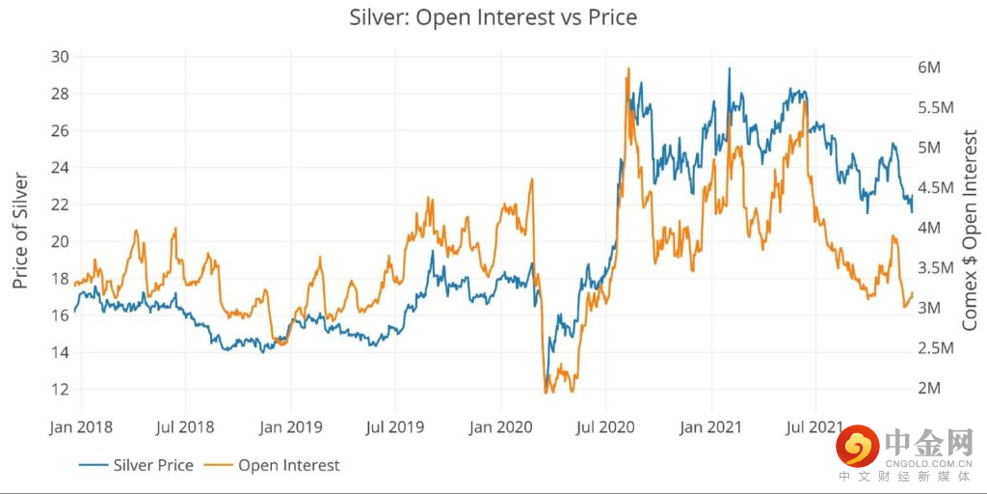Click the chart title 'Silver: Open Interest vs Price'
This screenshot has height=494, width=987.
tap(493, 17)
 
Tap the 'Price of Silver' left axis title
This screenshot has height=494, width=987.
tap(21, 231)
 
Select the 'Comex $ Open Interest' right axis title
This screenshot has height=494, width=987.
tap(970, 232)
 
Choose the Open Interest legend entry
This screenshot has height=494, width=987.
tap(276, 465)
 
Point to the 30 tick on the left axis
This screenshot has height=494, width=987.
tap(60, 57)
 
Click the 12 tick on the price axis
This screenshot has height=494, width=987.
tap(60, 389)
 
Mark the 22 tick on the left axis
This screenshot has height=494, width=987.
tap(60, 205)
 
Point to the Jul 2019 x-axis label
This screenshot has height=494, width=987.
tap(393, 425)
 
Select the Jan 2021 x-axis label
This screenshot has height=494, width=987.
tap(711, 425)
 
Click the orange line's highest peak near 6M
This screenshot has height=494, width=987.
tap(628, 69)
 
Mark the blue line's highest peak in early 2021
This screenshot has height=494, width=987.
tap(729, 69)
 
